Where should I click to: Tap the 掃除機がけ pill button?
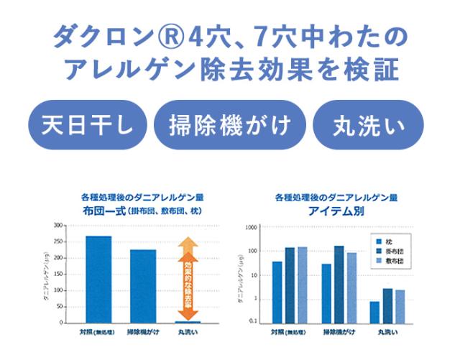pyautogui.click(x=229, y=124)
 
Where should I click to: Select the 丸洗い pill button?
pyautogui.click(x=369, y=124)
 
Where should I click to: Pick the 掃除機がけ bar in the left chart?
pyautogui.click(x=143, y=286)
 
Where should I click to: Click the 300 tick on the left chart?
pyautogui.click(x=57, y=225)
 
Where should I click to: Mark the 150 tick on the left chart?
pyautogui.click(x=57, y=274)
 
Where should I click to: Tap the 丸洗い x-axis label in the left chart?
pyautogui.click(x=188, y=333)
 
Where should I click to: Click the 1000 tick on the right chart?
pyautogui.click(x=251, y=228)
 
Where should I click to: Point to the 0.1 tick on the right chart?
pyautogui.click(x=252, y=321)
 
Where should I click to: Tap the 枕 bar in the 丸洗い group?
pyautogui.click(x=374, y=312)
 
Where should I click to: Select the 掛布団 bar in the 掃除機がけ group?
pyautogui.click(x=339, y=284)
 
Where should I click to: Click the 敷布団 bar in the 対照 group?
pyautogui.click(x=302, y=285)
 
